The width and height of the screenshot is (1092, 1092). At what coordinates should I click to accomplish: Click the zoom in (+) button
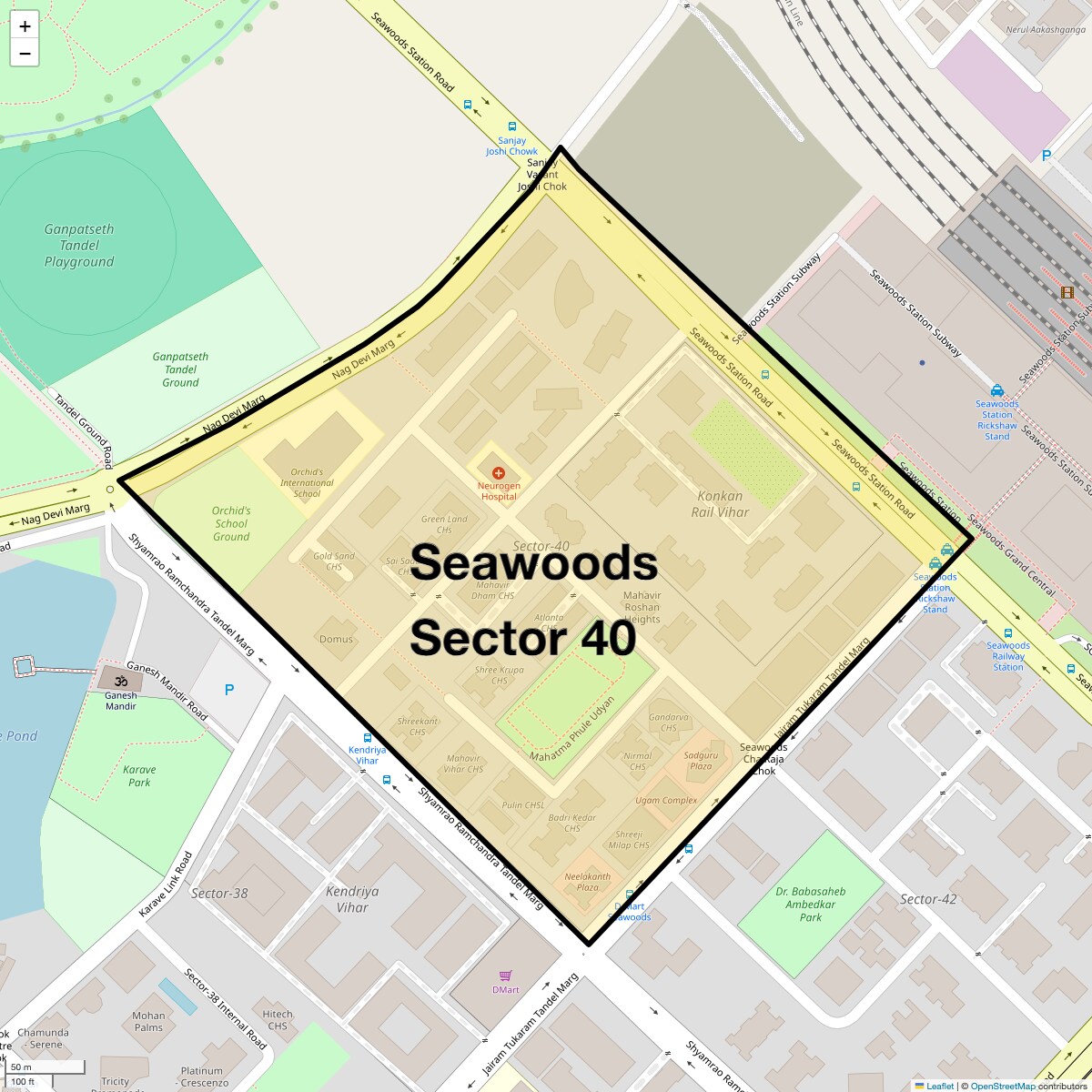(25, 26)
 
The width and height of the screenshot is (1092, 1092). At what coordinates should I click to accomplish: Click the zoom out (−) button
(25, 54)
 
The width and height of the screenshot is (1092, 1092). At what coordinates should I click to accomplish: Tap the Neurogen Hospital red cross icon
(499, 473)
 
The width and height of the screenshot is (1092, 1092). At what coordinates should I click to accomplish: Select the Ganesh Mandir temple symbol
(121, 680)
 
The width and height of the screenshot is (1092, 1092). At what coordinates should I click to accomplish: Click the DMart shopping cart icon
(506, 976)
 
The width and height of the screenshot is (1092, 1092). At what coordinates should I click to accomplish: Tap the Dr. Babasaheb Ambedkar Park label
(810, 905)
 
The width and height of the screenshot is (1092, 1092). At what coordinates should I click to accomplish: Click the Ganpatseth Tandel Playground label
(79, 246)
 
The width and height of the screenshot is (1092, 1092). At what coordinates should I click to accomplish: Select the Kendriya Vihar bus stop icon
(368, 738)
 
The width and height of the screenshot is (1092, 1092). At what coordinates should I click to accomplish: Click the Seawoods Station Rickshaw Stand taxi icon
(997, 389)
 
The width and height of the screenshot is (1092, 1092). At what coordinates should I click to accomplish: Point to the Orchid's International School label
(307, 483)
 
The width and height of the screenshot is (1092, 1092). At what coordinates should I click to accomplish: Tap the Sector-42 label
(928, 899)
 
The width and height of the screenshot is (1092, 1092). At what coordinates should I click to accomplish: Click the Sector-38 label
(219, 893)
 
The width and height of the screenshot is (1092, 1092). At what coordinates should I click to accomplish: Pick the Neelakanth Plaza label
(588, 881)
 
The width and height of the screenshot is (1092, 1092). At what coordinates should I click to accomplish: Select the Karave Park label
(139, 775)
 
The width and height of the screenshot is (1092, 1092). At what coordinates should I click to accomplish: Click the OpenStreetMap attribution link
(1001, 1086)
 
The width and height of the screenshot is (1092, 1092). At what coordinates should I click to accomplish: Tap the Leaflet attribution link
(940, 1086)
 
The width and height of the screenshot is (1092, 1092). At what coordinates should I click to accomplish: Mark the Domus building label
(336, 639)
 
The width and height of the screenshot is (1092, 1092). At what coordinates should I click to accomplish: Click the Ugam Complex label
(666, 801)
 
